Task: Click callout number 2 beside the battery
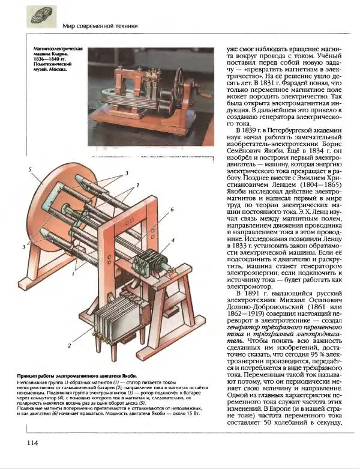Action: click(70, 346)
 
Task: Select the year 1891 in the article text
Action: click(247, 293)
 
